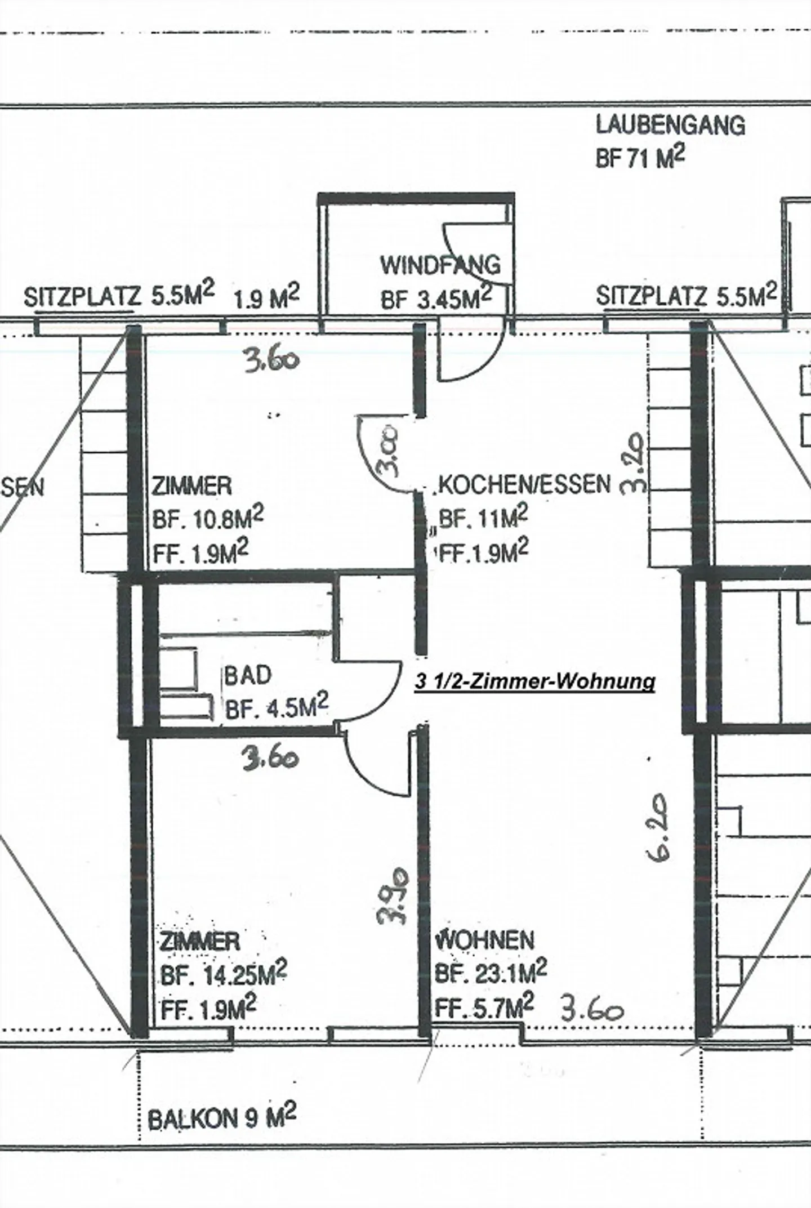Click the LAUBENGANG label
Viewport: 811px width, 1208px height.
670,125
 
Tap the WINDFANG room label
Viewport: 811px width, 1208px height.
440,265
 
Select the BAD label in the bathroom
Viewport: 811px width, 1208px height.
248,675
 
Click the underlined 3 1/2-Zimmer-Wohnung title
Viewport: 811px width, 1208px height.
534,682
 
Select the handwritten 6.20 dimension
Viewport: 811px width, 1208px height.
658,828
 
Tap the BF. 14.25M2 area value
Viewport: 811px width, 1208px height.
224,975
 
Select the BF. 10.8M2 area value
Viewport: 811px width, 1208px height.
207,519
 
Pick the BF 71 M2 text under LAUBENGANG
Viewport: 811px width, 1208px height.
640,158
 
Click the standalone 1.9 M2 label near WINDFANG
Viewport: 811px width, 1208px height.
266,298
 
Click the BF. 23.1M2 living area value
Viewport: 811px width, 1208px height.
491,973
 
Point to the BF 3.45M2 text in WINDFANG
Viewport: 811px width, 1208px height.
436,299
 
